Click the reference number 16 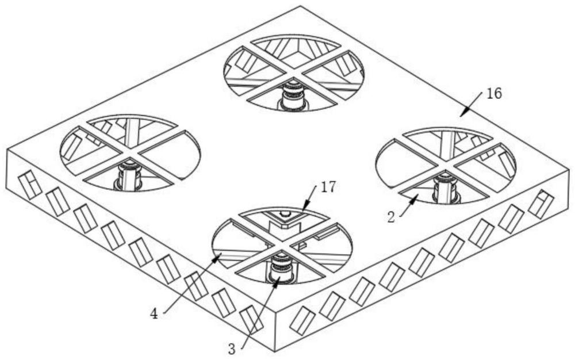point(493,94)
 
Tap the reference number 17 point(328,187)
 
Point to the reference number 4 point(154,314)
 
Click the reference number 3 point(232,348)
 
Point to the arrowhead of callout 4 point(216,258)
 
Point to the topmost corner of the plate point(300,6)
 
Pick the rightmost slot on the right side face point(541,204)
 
